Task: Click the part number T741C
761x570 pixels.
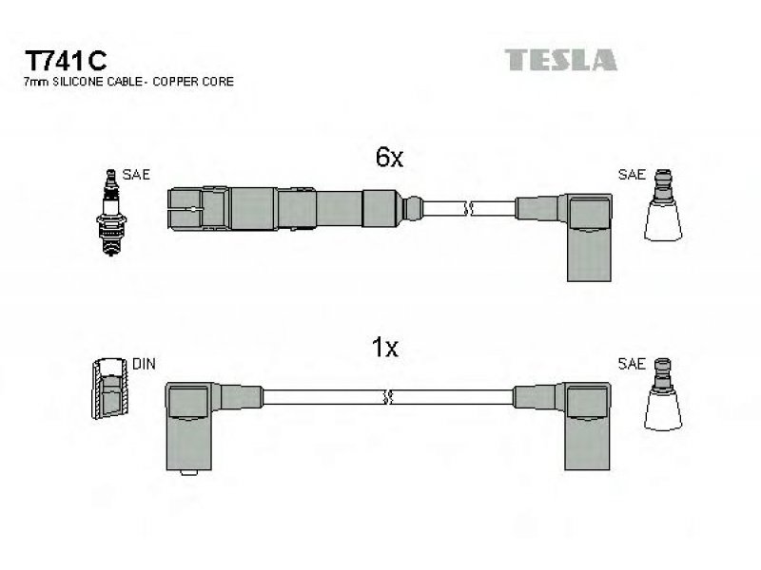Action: point(66,61)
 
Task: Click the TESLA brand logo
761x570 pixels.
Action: point(560,60)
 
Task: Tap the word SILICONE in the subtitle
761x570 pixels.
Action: point(85,82)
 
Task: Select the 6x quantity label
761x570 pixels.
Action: point(389,157)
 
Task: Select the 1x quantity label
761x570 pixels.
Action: point(385,347)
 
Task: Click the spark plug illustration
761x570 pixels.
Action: point(111,212)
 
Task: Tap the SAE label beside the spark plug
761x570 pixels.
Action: point(136,174)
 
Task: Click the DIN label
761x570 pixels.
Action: point(144,364)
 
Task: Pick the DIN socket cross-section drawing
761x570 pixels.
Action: point(110,388)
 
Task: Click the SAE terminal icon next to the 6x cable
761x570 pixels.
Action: point(663,204)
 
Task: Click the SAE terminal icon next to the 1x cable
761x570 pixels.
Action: point(663,394)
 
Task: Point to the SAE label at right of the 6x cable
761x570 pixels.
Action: point(632,174)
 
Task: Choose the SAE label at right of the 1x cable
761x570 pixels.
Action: point(632,364)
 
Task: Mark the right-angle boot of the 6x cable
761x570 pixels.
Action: point(589,237)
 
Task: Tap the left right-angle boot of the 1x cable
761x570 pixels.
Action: point(189,427)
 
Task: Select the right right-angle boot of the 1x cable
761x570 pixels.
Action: point(587,426)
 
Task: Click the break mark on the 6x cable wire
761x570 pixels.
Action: point(468,209)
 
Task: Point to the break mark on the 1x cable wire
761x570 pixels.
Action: point(387,397)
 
